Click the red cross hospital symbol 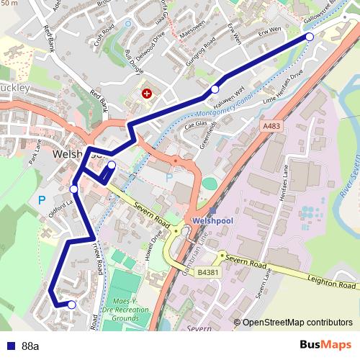pos(148,94)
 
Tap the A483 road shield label pos(271,125)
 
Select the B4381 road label pos(207,273)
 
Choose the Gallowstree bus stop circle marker pos(310,37)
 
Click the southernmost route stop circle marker pos(71,305)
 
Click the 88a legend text pos(30,346)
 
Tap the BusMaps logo pos(325,346)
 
